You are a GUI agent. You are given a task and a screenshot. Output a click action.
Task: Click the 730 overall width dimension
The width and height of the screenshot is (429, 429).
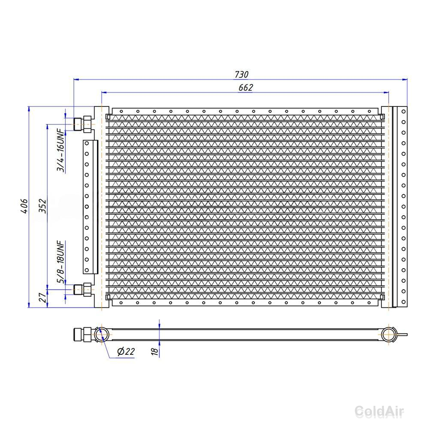click(x=242, y=74)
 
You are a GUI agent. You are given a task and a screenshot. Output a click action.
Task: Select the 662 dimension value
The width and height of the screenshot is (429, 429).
click(x=246, y=88)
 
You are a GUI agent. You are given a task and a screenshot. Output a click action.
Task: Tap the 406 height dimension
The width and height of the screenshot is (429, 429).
click(x=24, y=206)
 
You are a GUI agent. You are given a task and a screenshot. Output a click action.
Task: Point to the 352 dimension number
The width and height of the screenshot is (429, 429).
click(x=42, y=206)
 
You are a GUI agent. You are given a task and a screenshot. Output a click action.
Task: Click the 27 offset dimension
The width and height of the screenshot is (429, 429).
click(x=42, y=297)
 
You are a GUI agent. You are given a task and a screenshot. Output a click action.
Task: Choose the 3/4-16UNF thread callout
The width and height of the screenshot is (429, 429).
click(x=61, y=150)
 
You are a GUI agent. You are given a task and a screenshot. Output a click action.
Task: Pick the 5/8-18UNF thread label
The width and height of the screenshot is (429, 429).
click(x=61, y=262)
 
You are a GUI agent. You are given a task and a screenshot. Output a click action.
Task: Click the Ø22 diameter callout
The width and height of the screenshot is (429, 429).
click(x=126, y=351)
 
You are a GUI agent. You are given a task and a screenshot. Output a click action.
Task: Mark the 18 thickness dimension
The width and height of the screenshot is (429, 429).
click(x=154, y=351)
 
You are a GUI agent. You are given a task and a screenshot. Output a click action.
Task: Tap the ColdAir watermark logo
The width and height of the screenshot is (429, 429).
click(x=379, y=411)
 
